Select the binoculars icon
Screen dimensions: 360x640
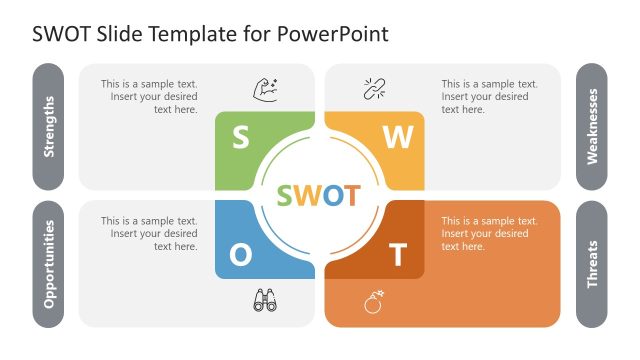265,299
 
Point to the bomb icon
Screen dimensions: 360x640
374,301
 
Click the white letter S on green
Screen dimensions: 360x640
240,137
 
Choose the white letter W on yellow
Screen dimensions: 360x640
398,138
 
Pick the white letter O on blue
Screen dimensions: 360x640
241,255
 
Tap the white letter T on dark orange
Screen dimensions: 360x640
398,256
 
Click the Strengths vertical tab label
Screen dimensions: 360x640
50,127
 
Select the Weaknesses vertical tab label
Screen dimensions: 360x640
592,127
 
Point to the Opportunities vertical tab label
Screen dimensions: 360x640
50,264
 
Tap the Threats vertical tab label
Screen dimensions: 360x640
592,264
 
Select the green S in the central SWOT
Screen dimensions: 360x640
288,195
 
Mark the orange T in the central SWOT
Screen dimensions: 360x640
349,195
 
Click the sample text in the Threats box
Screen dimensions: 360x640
485,233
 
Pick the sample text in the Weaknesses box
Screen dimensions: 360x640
485,97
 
